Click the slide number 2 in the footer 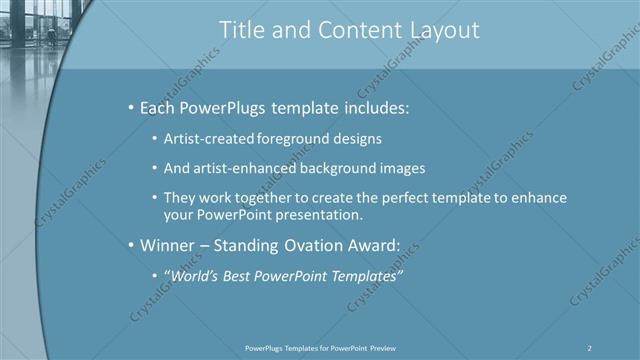click(590, 347)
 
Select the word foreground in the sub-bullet click(292, 138)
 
